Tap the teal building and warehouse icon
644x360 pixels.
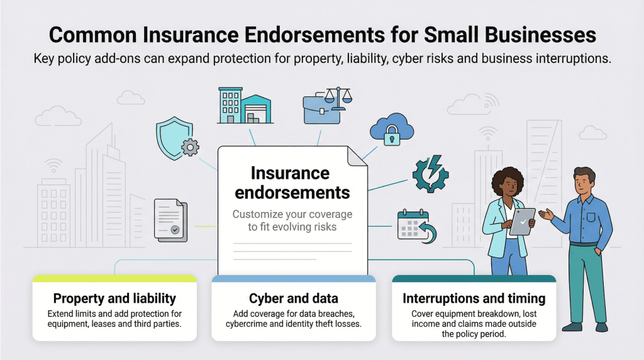(x=245, y=105)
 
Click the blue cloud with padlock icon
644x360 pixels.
(x=392, y=128)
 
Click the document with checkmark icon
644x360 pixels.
(x=170, y=220)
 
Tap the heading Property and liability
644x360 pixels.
(x=114, y=298)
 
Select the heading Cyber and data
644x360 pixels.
(x=293, y=298)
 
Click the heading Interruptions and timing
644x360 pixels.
(x=474, y=298)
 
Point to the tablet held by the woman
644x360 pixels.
(x=522, y=221)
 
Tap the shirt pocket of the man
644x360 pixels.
(x=591, y=218)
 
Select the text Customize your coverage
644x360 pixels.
(x=292, y=214)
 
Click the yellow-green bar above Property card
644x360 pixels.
(x=114, y=278)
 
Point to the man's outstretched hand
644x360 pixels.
(x=545, y=215)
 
